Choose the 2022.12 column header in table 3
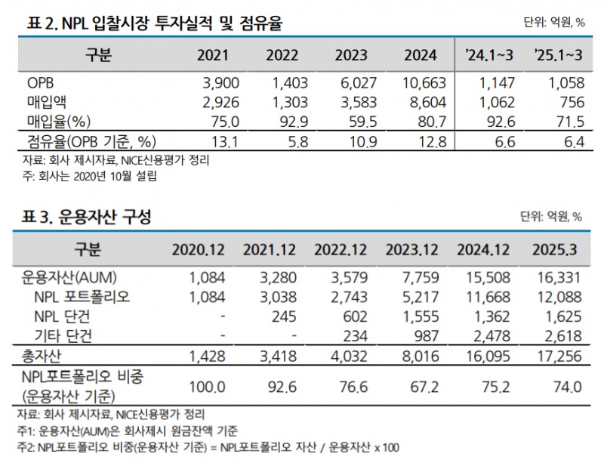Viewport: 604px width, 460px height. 342,250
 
